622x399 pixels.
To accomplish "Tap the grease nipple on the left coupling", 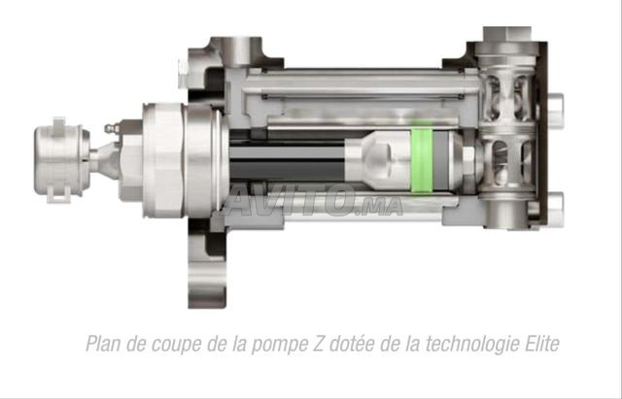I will [110, 130].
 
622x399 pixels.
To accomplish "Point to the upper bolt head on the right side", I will [555, 102].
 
